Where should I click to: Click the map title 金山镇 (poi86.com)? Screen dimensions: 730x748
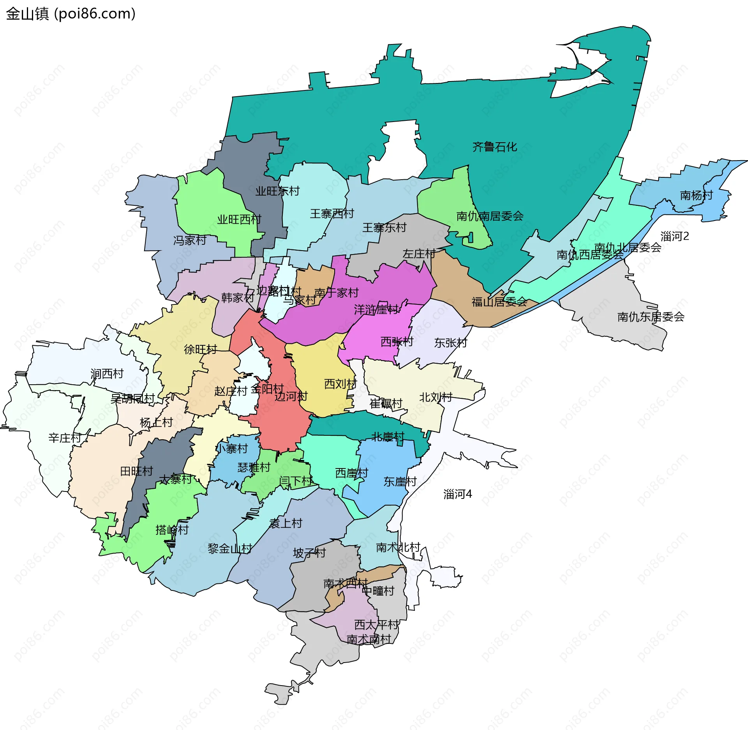71,14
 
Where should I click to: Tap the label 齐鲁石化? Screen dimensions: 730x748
494,147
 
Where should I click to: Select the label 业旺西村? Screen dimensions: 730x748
239,219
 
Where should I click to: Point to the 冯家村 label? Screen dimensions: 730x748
190,240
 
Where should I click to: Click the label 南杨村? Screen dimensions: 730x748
696,195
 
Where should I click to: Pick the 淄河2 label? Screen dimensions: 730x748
675,236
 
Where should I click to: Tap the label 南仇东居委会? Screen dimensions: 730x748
651,317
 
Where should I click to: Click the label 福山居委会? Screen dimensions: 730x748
499,302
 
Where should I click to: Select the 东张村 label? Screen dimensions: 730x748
450,343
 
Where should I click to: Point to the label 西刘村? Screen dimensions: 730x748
340,384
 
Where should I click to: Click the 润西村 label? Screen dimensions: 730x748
107,374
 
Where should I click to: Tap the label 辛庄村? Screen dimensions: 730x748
65,438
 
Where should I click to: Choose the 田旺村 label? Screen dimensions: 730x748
136,471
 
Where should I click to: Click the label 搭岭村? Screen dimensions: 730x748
172,530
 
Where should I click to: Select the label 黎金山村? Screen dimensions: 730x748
229,549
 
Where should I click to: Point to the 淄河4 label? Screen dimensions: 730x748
457,494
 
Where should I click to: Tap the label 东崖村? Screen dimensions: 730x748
400,482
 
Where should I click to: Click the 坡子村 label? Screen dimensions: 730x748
309,553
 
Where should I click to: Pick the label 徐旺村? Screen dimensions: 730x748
200,349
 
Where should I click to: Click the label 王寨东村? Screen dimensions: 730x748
384,228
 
